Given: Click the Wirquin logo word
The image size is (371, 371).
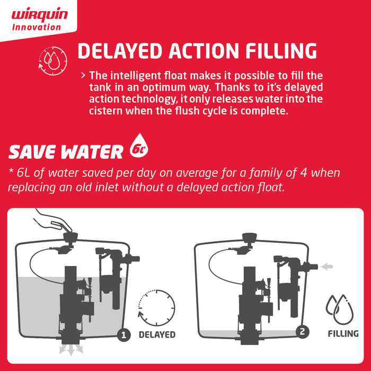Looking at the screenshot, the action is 40,15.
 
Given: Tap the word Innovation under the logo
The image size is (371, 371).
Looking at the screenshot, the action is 37,27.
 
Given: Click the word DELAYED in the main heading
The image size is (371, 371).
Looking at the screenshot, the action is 120,51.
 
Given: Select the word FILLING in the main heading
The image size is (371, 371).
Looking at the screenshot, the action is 281,51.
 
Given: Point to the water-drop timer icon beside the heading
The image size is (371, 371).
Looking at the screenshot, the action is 53,61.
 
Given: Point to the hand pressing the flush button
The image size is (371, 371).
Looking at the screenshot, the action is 52,220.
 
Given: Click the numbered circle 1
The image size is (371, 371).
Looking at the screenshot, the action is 123,335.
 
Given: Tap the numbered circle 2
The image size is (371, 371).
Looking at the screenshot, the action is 303,332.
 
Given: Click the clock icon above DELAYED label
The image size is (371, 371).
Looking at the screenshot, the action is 156,307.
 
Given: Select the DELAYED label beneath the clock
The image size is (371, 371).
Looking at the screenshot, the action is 157,334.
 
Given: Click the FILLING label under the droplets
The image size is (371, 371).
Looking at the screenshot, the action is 343,333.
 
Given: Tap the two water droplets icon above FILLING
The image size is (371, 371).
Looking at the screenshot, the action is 340,309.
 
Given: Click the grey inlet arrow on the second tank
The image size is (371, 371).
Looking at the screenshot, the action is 326,267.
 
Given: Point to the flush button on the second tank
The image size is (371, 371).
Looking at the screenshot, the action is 250,237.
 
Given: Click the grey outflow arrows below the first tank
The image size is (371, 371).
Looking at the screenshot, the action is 71,349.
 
